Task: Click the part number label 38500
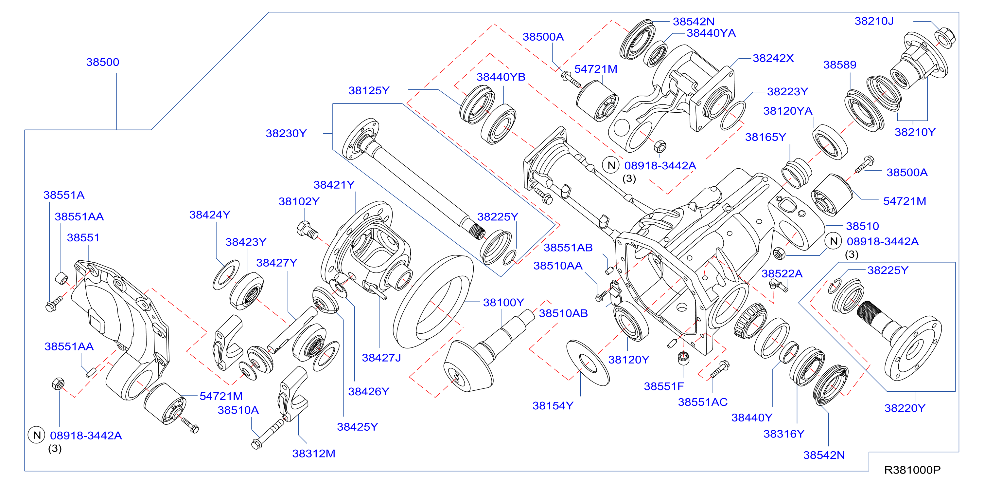click(x=102, y=62)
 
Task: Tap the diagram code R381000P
click(x=912, y=470)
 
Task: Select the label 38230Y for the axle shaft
click(x=286, y=133)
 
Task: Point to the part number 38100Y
click(x=503, y=302)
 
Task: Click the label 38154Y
click(x=553, y=406)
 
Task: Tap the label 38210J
click(x=874, y=21)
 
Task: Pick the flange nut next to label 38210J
click(x=945, y=38)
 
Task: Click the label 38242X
click(x=773, y=58)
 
